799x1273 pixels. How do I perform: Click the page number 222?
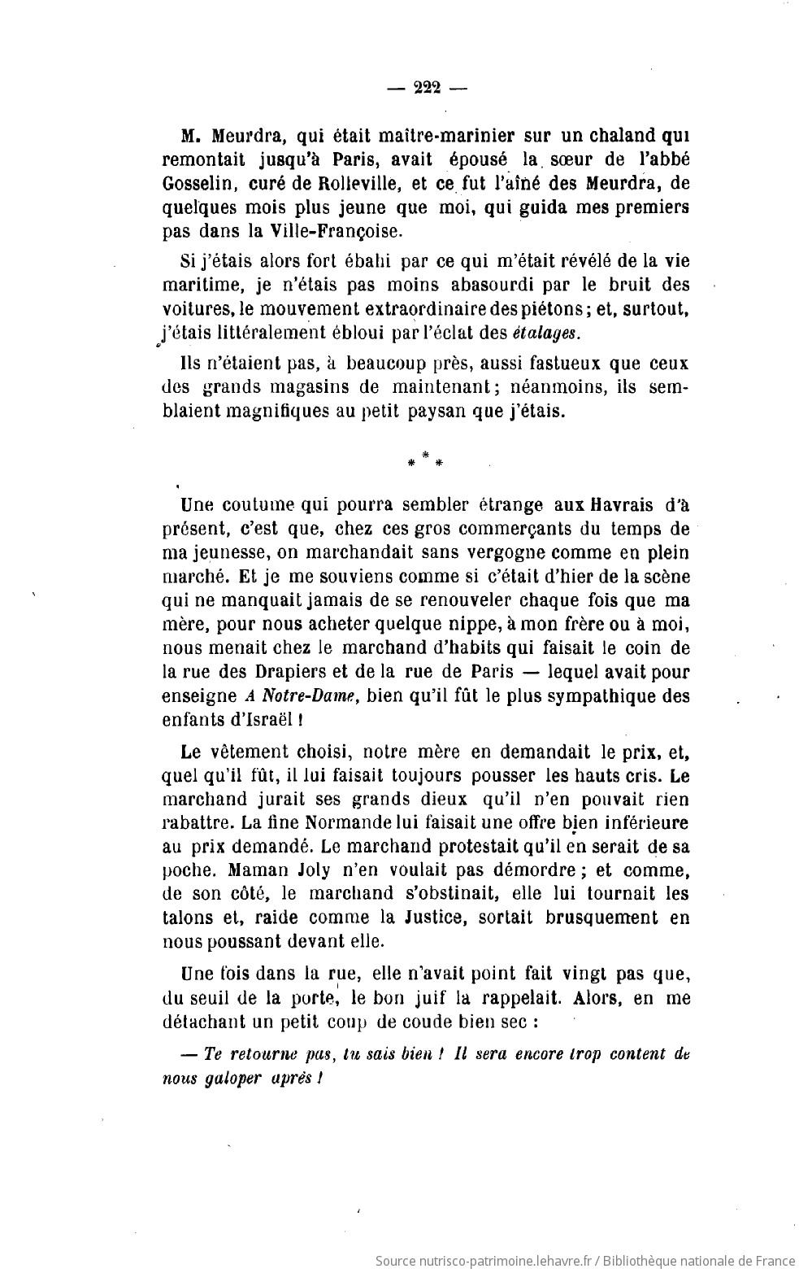pos(426,88)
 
